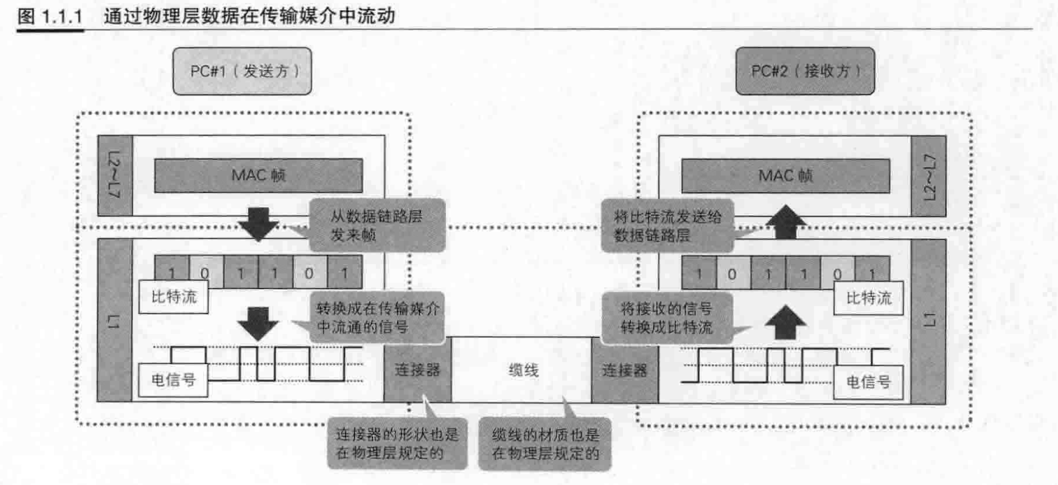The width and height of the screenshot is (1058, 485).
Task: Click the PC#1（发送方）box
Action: coord(242,71)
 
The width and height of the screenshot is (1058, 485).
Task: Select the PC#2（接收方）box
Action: coord(805,71)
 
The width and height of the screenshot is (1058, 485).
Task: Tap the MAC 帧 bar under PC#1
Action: coord(258,175)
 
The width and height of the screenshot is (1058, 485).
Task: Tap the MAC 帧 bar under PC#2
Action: coord(785,176)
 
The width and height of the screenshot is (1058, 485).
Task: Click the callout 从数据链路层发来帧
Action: coord(376,225)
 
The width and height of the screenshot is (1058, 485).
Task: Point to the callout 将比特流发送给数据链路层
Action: coord(667,226)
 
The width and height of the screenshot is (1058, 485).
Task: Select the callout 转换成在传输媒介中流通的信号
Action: coord(378,318)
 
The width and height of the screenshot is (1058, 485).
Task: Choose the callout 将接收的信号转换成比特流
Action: coord(666,318)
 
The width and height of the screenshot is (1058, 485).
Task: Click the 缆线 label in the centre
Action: coord(523,371)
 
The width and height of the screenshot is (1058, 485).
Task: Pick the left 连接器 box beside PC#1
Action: coord(417,371)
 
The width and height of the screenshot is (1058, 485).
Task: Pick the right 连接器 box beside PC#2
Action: coord(625,371)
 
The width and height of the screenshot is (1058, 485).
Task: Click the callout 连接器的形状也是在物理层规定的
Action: coord(397,444)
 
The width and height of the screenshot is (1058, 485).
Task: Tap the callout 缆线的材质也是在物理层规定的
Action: coord(545,445)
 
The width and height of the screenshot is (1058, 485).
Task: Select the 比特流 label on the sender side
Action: coord(174,297)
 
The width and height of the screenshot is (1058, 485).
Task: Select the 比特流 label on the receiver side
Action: coord(868,298)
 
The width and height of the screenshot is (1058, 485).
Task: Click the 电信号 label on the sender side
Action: coord(173,380)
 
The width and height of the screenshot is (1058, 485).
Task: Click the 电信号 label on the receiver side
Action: coord(868,382)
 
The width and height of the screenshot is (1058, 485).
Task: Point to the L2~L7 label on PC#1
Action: coord(114,175)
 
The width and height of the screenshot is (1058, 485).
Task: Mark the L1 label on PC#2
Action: coord(929,320)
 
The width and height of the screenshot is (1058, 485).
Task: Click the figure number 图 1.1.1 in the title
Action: coord(50,16)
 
